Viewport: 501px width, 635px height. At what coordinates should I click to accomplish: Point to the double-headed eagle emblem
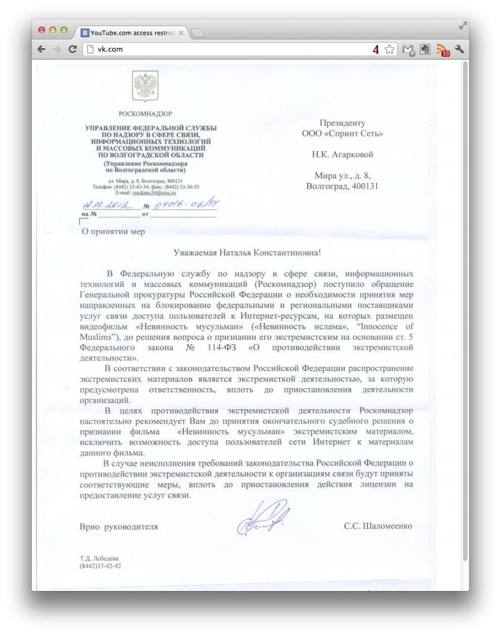(x=145, y=86)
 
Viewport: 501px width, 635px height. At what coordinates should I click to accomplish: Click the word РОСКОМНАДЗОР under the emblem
(x=145, y=113)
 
